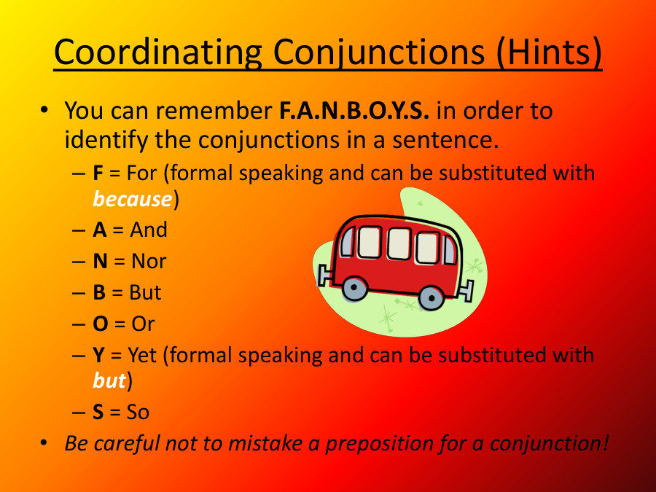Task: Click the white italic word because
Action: click(132, 199)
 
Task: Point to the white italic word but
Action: click(109, 381)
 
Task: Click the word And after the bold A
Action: click(149, 230)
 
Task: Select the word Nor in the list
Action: click(149, 261)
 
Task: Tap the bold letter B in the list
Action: click(99, 292)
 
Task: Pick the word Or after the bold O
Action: click(143, 324)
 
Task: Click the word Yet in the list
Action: click(143, 356)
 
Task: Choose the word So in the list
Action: click(138, 413)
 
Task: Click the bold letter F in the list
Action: click(98, 173)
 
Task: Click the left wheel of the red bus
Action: click(354, 289)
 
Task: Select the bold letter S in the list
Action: click(98, 413)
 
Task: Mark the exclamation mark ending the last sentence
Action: click(604, 442)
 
